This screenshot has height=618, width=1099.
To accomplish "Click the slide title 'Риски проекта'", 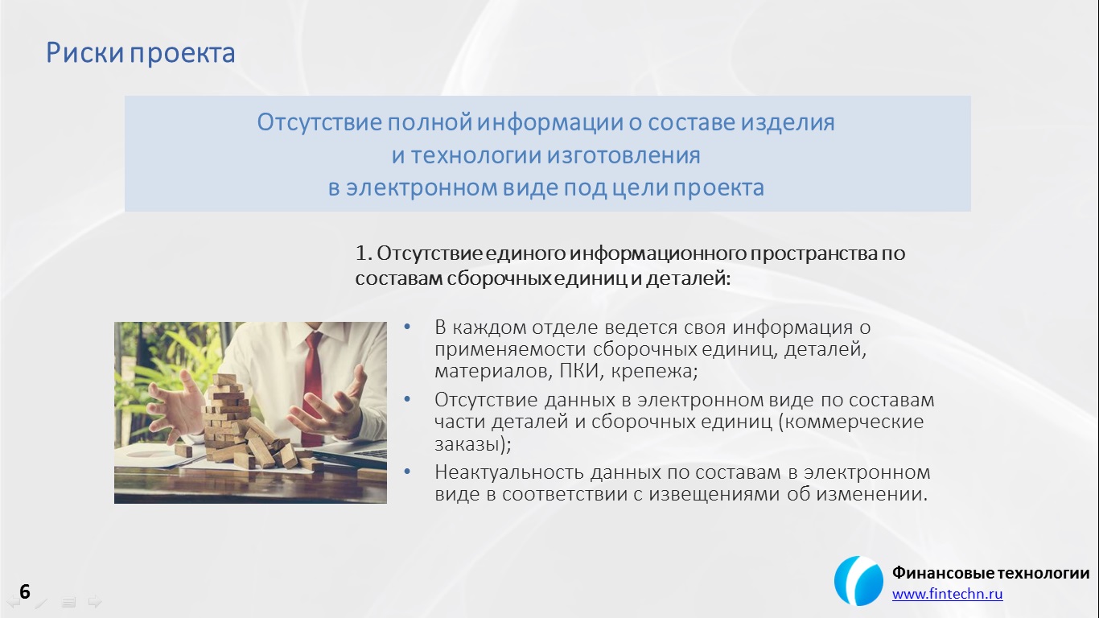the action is click(x=141, y=53).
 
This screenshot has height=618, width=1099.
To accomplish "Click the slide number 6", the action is click(x=25, y=591).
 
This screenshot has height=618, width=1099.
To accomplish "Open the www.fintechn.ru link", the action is click(x=947, y=594).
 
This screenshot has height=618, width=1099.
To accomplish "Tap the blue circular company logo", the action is click(x=858, y=581).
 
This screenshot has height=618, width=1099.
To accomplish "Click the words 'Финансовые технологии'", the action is click(x=990, y=572).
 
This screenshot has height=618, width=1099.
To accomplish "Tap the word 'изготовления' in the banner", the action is click(x=623, y=156).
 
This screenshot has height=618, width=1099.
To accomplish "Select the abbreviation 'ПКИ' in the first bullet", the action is click(x=580, y=371).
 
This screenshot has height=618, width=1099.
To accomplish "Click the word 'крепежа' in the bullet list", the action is click(x=654, y=372).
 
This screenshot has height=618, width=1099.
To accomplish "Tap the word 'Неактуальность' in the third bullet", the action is click(x=509, y=472).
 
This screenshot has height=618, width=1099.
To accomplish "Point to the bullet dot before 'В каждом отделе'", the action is click(x=407, y=327).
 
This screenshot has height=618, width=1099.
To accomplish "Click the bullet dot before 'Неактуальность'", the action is click(x=407, y=472).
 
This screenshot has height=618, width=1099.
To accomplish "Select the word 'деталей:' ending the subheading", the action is click(x=688, y=278).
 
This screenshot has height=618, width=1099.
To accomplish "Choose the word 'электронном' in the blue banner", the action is click(x=422, y=188).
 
